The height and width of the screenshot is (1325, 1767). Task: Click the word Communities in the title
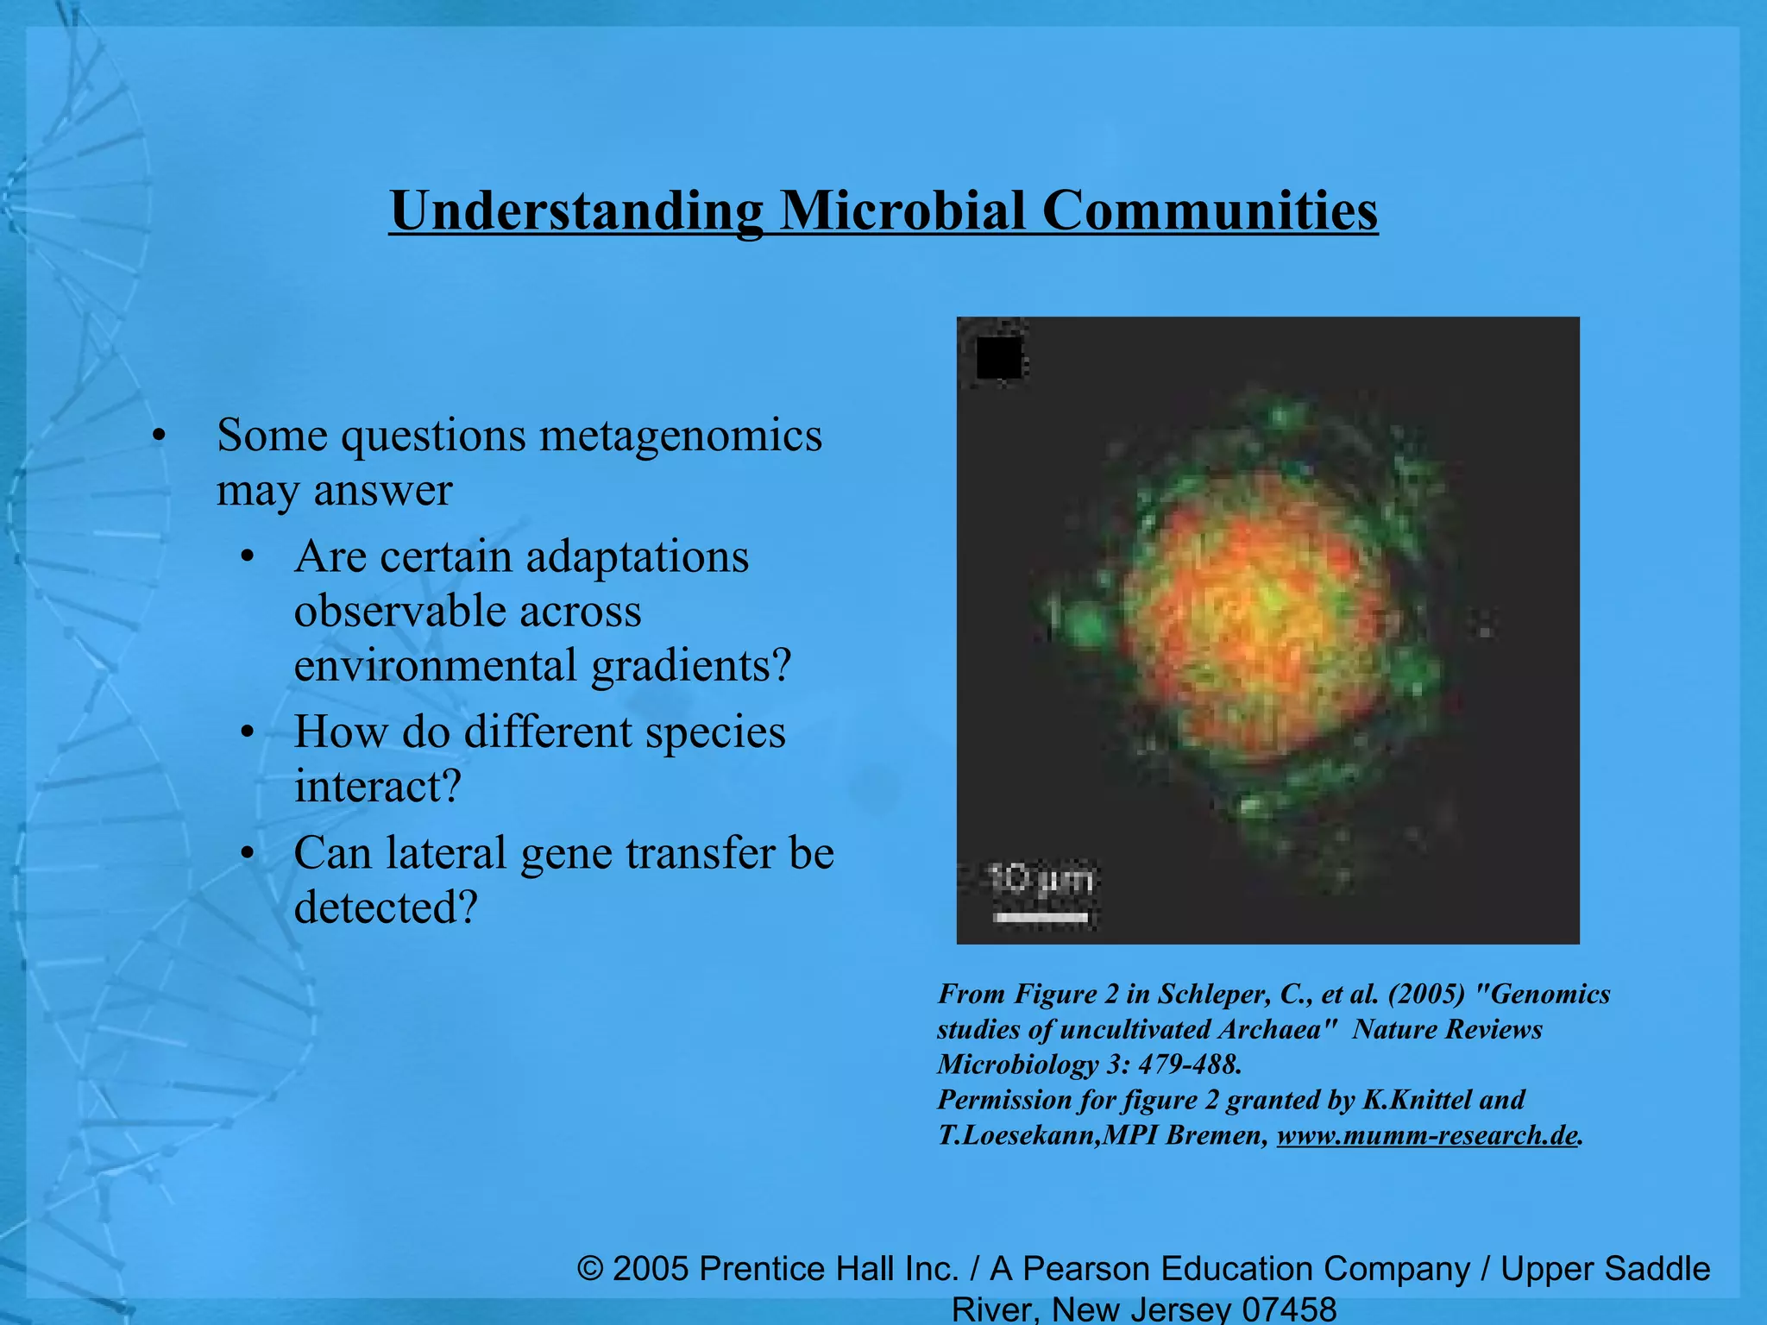pyautogui.click(x=1210, y=210)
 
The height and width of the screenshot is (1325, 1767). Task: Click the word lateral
pyautogui.click(x=445, y=854)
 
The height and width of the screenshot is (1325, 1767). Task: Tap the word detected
pyautogui.click(x=385, y=908)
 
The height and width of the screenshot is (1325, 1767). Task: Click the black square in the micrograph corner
pyautogui.click(x=998, y=357)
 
